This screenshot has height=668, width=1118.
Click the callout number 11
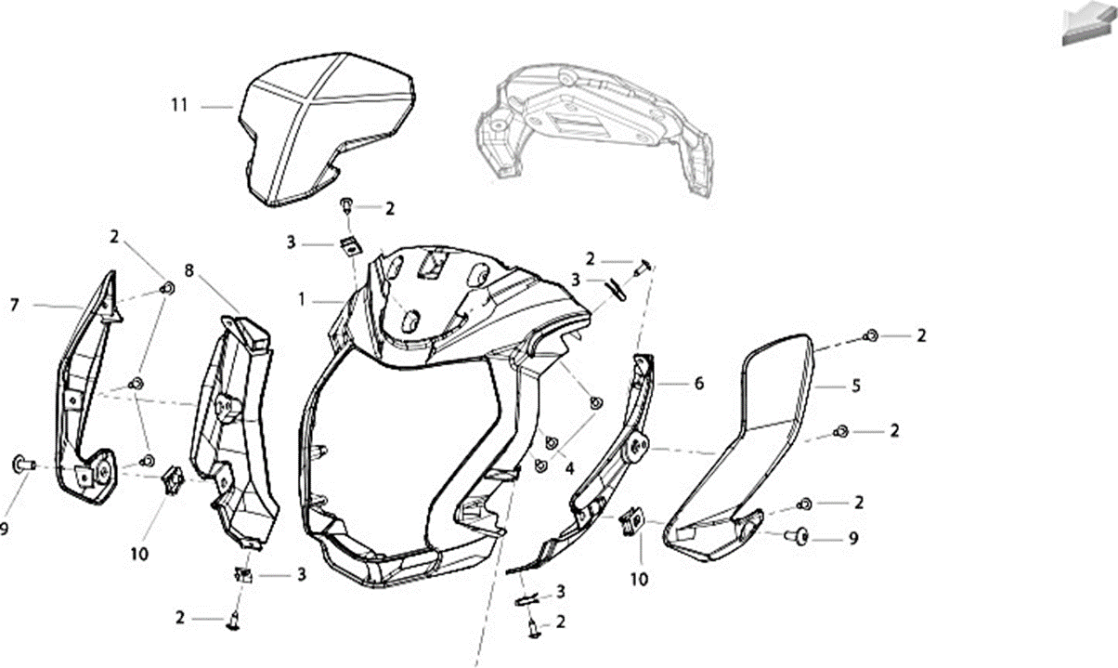point(179,105)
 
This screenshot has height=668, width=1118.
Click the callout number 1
point(302,299)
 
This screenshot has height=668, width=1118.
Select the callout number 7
point(15,305)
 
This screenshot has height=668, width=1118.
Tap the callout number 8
point(188,270)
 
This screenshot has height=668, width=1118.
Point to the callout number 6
point(698,384)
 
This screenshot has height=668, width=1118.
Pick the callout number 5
point(856,386)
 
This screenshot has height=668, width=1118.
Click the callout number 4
point(569,468)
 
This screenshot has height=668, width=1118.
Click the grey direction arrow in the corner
point(1088,24)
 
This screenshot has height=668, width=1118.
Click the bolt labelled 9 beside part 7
point(23,465)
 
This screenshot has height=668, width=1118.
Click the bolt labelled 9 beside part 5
point(798,536)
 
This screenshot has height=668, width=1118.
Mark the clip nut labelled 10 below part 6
point(632,521)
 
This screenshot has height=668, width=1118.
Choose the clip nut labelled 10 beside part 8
point(173,479)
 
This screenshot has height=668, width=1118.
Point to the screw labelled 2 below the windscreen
point(346,205)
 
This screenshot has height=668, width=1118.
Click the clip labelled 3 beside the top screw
point(351,246)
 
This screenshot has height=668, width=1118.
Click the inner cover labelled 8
point(235,429)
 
